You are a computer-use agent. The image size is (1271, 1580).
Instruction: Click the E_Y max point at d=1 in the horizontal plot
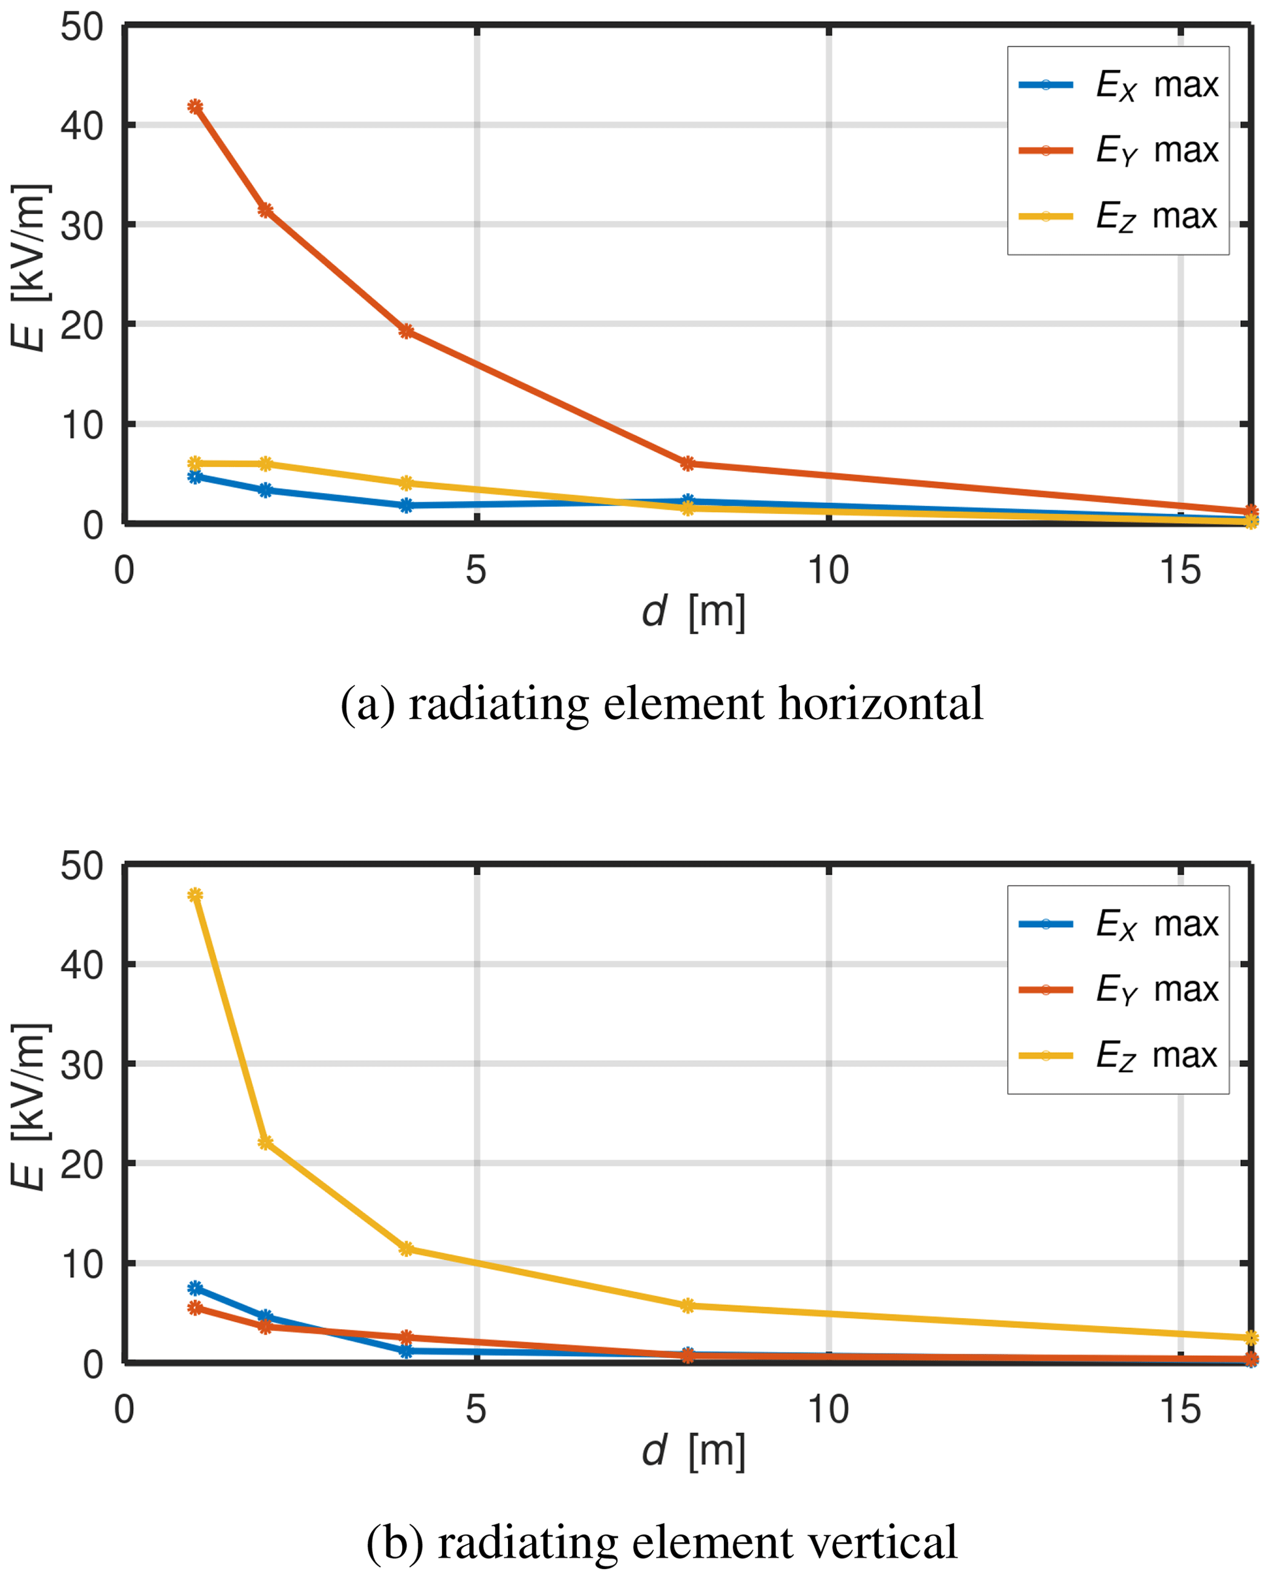tap(195, 107)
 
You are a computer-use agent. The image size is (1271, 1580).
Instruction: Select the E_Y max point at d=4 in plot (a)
tap(406, 331)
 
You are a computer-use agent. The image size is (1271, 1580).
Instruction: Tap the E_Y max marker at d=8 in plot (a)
tap(687, 463)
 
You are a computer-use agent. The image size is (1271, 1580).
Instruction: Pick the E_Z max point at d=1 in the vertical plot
tap(195, 895)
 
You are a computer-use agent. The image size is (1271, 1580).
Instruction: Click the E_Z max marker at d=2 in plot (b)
tap(266, 1142)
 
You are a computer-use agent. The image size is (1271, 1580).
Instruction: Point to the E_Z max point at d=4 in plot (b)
tap(406, 1249)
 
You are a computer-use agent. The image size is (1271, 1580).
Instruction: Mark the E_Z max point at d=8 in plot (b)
tap(687, 1305)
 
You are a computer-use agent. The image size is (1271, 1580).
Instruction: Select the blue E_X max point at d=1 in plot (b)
tap(195, 1287)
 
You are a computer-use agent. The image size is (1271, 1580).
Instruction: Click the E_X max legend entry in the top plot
tap(1119, 85)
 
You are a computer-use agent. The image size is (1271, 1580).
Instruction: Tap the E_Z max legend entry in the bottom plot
tap(1119, 1056)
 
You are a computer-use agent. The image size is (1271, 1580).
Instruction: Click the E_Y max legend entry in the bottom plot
tap(1119, 990)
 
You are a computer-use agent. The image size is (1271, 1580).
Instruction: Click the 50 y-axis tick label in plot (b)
tap(82, 866)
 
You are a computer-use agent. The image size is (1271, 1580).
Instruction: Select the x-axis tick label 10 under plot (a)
tap(828, 570)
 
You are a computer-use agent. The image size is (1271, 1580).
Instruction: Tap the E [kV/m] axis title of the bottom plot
tap(30, 1107)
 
